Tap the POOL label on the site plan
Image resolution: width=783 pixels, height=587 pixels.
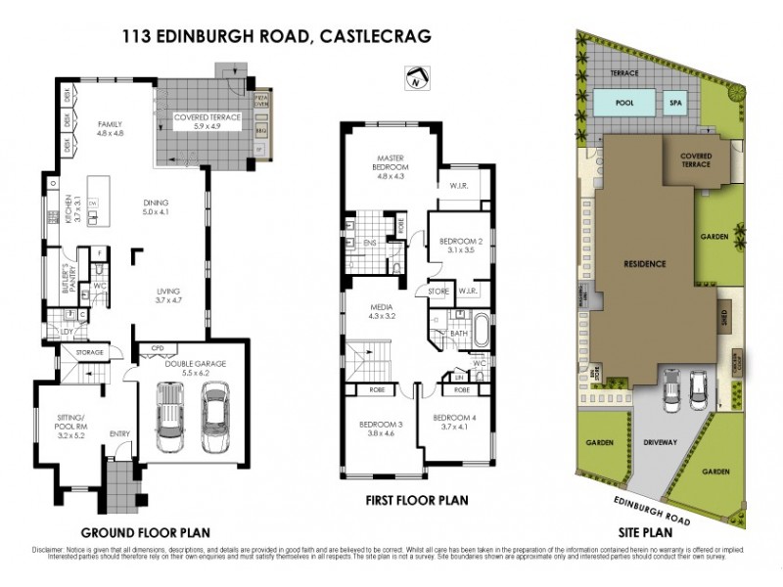click(622, 102)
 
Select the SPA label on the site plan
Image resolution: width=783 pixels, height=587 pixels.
click(675, 102)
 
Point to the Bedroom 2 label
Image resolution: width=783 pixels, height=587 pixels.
click(460, 245)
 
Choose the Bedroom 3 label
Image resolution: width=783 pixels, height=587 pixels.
click(380, 429)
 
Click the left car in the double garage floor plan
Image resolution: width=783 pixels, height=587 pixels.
click(171, 411)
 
